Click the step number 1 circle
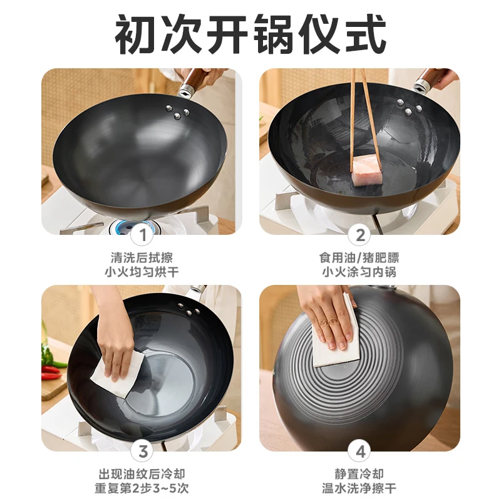tap(143, 235)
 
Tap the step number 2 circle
tap(361, 235)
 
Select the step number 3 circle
tap(143, 452)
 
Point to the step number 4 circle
tap(361, 452)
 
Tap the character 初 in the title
tap(136, 34)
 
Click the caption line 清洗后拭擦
tap(142, 257)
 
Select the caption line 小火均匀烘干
tap(142, 272)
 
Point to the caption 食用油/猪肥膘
tap(359, 257)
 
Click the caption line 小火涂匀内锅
tap(359, 272)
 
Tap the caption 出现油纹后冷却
tap(142, 474)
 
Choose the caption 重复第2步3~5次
tap(142, 488)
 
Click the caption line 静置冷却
tap(359, 474)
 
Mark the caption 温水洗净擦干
tap(359, 488)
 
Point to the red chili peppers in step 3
tap(51, 373)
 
